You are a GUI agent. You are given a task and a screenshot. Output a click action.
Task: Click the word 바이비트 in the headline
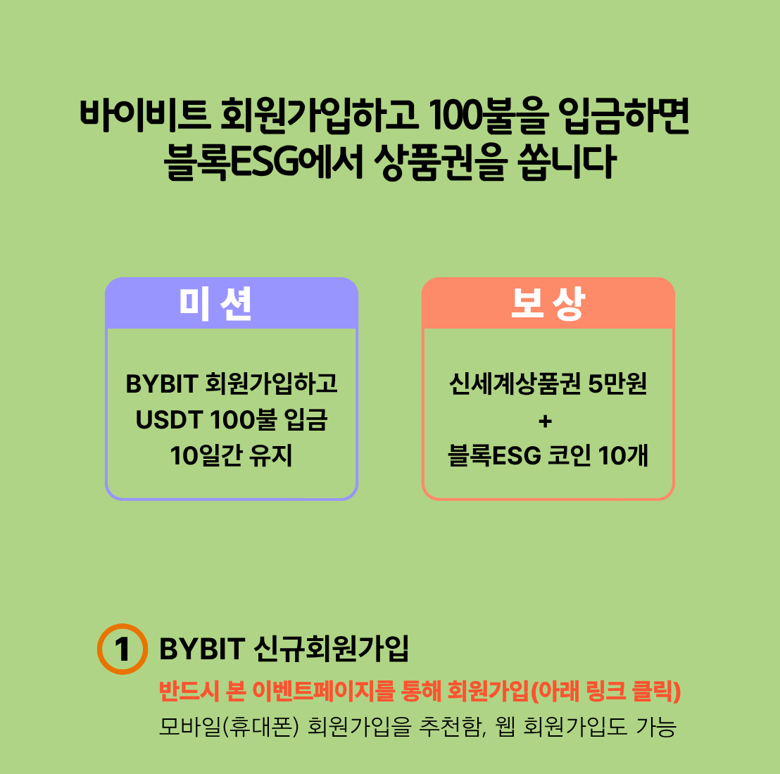point(145,116)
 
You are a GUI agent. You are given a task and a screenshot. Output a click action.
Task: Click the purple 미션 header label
point(215,304)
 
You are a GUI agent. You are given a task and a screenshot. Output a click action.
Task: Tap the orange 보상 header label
point(548,304)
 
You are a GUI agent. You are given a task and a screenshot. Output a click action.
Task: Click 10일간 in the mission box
point(206,456)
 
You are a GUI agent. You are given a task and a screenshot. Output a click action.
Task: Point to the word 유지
point(271,456)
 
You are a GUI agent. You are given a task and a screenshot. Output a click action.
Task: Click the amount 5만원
point(617,384)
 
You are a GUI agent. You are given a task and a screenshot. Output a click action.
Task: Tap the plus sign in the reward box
point(545,421)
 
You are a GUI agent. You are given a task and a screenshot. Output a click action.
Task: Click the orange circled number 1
point(122,649)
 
